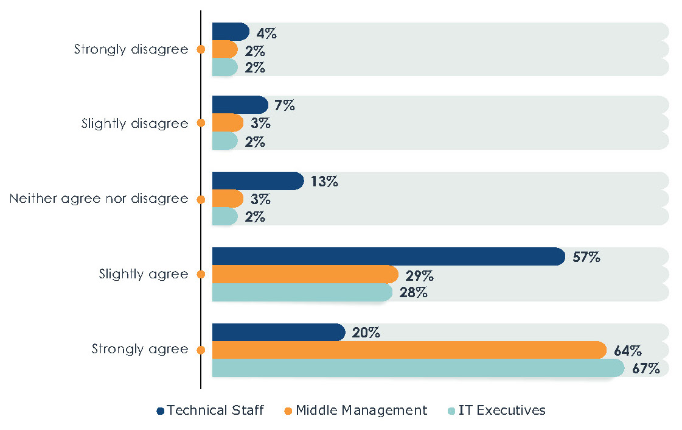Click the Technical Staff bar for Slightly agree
point(388,257)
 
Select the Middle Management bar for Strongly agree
point(409,350)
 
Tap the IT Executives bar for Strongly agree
point(418,368)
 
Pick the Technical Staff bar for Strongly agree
point(279,333)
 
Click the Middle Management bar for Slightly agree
point(305,275)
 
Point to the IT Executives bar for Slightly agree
point(302,292)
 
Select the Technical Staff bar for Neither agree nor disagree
point(257,181)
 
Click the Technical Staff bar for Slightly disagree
point(240,105)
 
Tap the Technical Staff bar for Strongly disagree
point(231,32)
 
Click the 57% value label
point(586,257)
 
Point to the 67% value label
point(645,368)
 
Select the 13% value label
point(324,182)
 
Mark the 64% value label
point(627,351)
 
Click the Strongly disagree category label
point(131,49)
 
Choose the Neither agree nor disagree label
point(99,199)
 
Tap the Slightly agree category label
point(144,274)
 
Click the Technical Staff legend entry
point(210,411)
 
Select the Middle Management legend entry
point(355,411)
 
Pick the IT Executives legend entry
point(496,411)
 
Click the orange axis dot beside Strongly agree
point(201,350)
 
